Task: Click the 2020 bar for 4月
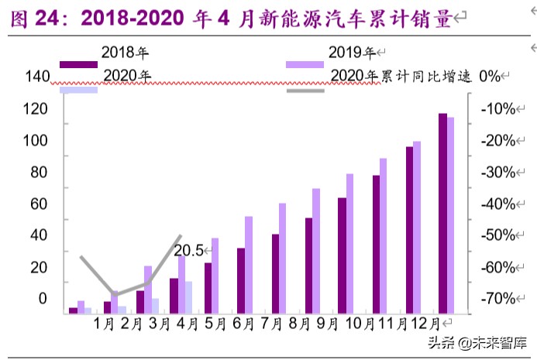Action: tap(188, 297)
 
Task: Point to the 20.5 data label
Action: tap(188, 250)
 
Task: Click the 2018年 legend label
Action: tap(124, 53)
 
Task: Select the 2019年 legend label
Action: tap(350, 53)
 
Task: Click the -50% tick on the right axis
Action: tap(497, 235)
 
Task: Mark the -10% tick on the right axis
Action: tap(497, 108)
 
